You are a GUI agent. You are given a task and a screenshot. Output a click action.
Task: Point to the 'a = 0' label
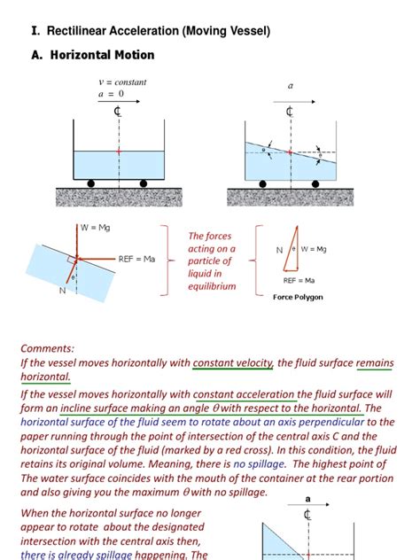(x=112, y=94)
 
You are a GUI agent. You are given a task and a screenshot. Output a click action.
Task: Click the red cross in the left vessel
(x=117, y=152)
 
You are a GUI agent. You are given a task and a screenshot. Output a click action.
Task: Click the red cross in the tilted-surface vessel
(x=289, y=152)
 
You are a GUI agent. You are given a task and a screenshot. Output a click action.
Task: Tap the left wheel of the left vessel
(x=91, y=183)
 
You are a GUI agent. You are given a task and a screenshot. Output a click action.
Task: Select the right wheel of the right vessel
(x=317, y=183)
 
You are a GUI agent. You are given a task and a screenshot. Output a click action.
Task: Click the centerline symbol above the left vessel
(x=117, y=113)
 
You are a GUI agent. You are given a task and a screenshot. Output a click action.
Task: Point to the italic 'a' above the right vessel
(x=290, y=86)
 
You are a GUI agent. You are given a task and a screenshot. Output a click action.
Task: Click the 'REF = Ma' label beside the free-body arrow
(x=136, y=259)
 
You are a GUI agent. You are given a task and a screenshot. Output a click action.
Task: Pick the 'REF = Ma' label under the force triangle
(x=301, y=280)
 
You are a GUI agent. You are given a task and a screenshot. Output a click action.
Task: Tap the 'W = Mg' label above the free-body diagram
(x=98, y=228)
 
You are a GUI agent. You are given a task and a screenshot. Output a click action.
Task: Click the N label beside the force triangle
(x=280, y=251)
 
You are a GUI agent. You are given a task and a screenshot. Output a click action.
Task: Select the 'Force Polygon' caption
(x=298, y=297)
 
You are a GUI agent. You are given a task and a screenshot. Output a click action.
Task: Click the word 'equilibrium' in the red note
(x=212, y=286)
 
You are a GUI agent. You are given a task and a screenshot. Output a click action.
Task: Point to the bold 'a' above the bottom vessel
(x=307, y=500)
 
